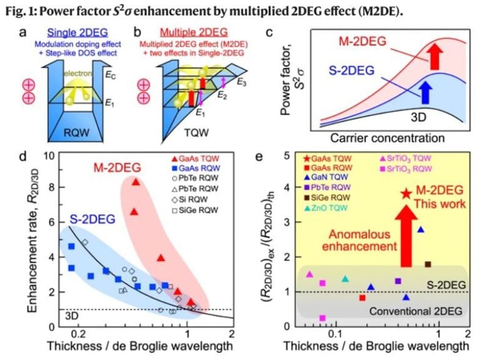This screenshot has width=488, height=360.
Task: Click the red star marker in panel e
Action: point(406,194)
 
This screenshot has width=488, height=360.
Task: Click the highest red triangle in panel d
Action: point(136,182)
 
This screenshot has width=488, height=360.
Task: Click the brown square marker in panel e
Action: point(428,264)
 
